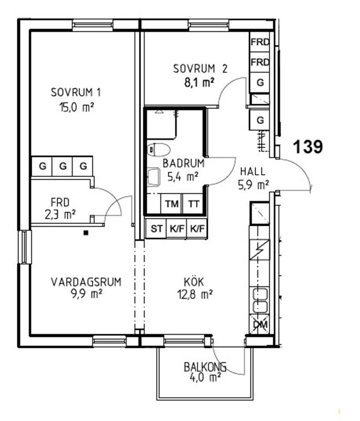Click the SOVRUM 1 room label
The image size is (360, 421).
pyautogui.click(x=76, y=93)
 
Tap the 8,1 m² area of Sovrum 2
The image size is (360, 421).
pyautogui.click(x=199, y=83)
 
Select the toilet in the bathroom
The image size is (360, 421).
pyautogui.click(x=158, y=149)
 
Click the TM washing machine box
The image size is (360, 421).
pyautogui.click(x=172, y=204)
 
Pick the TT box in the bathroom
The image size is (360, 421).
pyautogui.click(x=193, y=204)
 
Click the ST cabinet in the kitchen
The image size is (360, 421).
pyautogui.click(x=156, y=229)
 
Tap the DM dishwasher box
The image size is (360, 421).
pyautogui.click(x=259, y=324)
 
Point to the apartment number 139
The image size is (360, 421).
pyautogui.click(x=308, y=147)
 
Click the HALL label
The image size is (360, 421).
pyautogui.click(x=253, y=172)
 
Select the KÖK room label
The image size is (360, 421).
pyautogui.click(x=194, y=282)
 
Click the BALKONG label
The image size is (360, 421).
pyautogui.click(x=205, y=367)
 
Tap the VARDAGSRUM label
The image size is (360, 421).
pyautogui.click(x=86, y=282)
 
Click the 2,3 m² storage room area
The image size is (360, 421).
pyautogui.click(x=60, y=215)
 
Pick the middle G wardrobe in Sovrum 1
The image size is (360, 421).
pyautogui.click(x=63, y=166)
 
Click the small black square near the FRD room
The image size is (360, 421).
pyautogui.click(x=86, y=233)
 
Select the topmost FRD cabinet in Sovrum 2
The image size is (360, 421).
pyautogui.click(x=260, y=42)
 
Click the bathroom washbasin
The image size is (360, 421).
pyautogui.click(x=154, y=177)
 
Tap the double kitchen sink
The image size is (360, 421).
pyautogui.click(x=259, y=300)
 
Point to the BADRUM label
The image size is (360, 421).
pyautogui.click(x=184, y=163)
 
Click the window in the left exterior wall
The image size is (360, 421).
pyautogui.click(x=25, y=247)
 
